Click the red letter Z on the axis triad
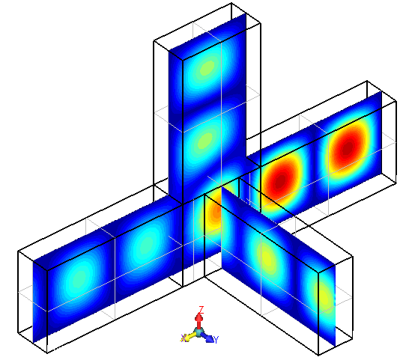200,308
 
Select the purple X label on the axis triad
184,338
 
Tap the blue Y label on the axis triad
216,340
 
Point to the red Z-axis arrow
200,319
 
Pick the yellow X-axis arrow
191,335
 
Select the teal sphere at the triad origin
199,331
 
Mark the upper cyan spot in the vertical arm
207,69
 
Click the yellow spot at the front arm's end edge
324,299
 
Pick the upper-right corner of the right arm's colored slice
382,92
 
